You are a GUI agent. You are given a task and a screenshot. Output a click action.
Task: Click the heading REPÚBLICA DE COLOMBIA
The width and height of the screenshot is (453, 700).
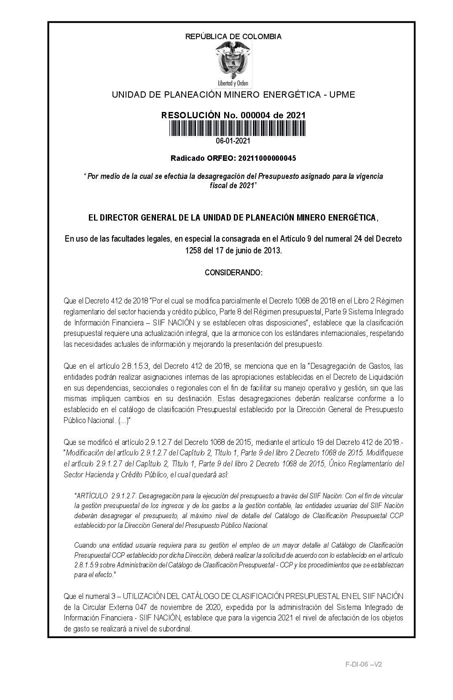coord(233,37)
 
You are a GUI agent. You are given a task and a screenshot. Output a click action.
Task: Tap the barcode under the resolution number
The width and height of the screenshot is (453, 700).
coord(238,128)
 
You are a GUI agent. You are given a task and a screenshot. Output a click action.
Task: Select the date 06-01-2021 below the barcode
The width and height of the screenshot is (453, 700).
coord(233,141)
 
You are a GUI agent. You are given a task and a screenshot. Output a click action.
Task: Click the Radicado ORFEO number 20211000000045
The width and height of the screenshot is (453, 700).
coord(267,158)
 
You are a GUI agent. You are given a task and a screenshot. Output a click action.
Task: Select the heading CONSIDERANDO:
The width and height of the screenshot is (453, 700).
coord(233,273)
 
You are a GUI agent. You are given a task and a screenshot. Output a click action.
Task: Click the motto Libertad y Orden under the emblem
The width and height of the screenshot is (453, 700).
coord(233,83)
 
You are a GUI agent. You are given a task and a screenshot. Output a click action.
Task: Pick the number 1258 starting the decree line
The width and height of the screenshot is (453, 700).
coord(192,250)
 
